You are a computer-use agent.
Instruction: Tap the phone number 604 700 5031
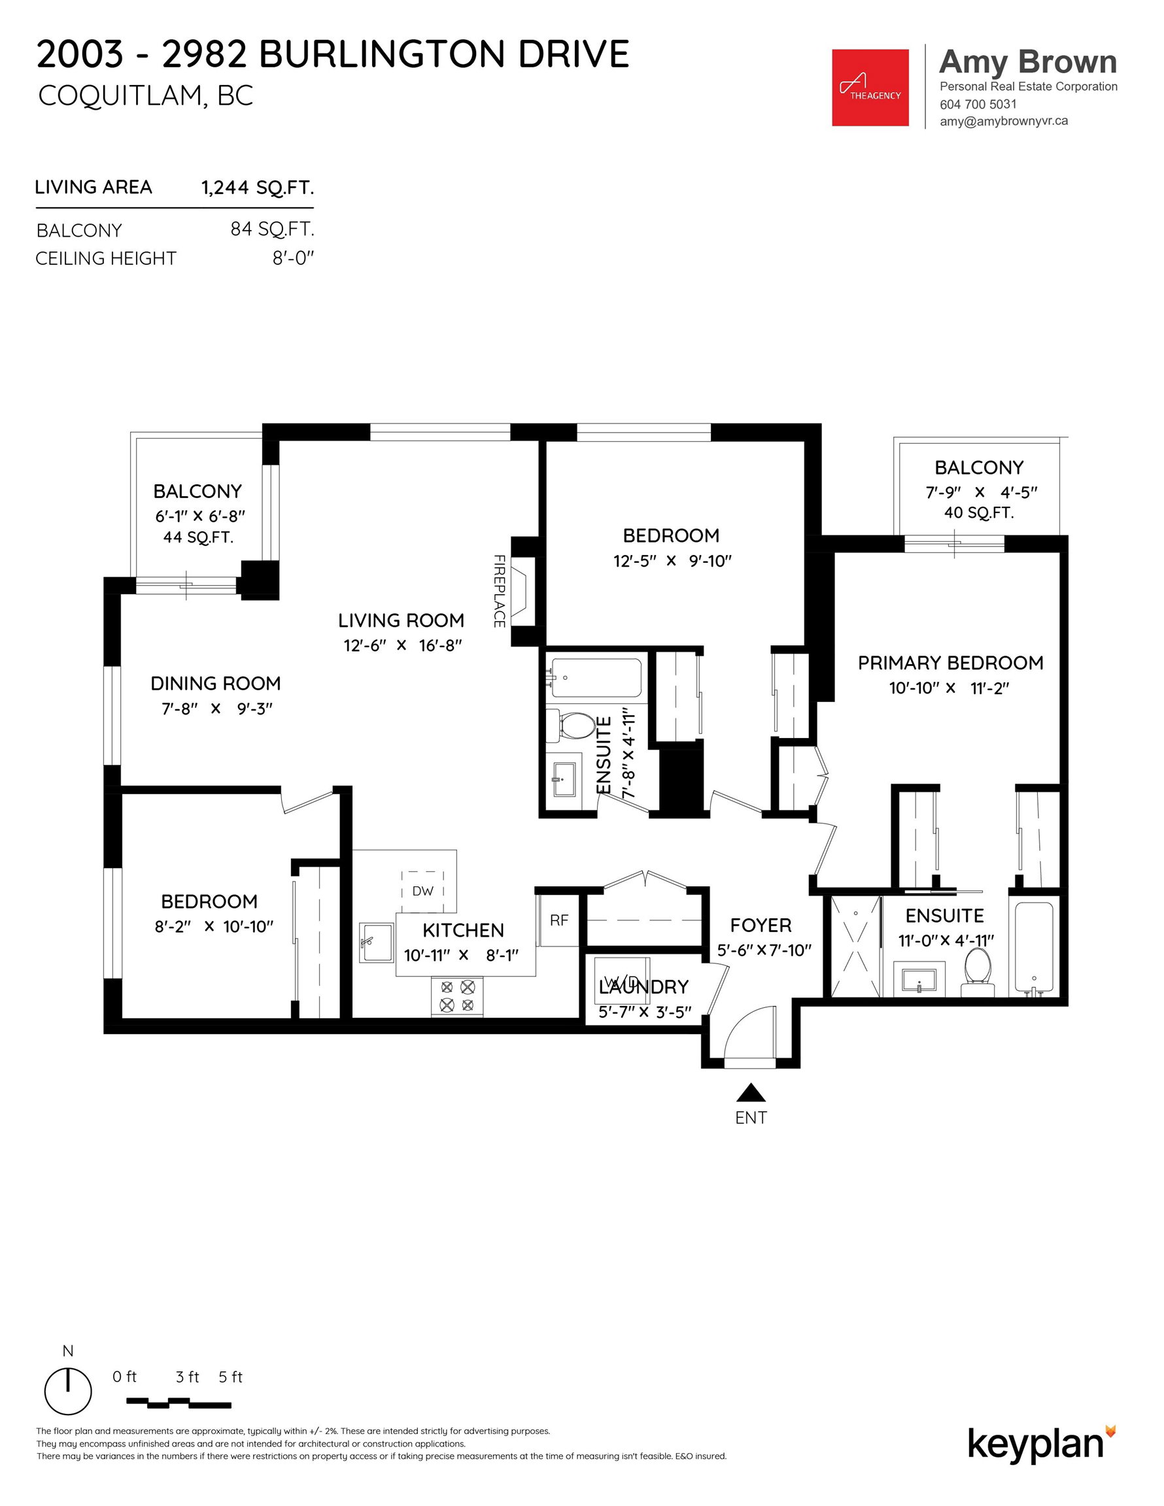tap(978, 104)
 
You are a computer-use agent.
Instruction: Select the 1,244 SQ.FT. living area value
tap(258, 188)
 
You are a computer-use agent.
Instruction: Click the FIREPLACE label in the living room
tap(500, 591)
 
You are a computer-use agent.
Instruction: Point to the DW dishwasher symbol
tap(422, 891)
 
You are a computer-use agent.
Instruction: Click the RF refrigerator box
tap(558, 919)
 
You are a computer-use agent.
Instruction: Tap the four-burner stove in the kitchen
tap(456, 996)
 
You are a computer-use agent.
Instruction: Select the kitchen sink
tap(376, 942)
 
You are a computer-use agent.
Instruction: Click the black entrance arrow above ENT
tap(751, 1093)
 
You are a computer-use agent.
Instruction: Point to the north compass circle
tap(67, 1392)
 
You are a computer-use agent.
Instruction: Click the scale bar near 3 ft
tap(179, 1402)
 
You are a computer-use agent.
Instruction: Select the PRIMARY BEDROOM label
tap(950, 663)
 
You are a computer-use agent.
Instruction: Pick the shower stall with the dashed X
tap(856, 946)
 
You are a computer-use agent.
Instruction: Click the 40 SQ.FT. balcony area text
tap(978, 512)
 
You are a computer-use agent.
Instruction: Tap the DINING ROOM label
tap(215, 683)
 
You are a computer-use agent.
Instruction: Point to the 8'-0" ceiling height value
tap(293, 259)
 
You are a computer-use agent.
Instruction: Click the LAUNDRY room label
tap(643, 987)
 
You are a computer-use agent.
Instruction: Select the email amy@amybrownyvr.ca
tap(1003, 121)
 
